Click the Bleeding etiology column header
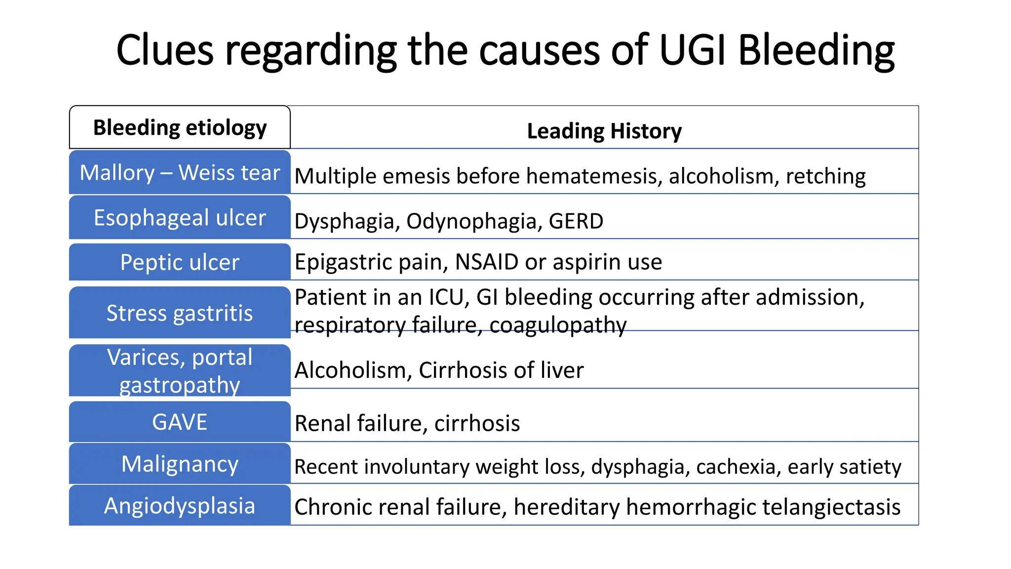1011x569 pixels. point(180,127)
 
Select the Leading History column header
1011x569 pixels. point(604,131)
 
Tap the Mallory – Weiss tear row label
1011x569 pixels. point(180,173)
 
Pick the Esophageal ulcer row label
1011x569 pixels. point(180,218)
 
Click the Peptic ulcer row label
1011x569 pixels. point(180,262)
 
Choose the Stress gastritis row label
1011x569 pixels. point(180,313)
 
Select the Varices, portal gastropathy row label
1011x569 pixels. point(180,370)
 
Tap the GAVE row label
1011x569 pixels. point(180,422)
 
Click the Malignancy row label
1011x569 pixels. point(180,464)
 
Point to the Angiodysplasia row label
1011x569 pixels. point(180,506)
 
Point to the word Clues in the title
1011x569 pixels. point(165,50)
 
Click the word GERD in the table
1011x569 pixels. point(576,221)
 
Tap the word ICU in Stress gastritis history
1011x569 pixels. point(449,297)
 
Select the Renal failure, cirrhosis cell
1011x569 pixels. point(407,423)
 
